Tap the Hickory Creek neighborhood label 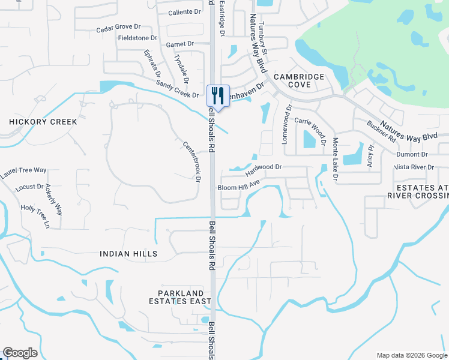[43, 122]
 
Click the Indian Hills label [129, 254]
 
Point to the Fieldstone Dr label [137, 37]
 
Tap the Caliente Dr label [184, 12]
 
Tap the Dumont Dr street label [411, 154]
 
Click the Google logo [20, 353]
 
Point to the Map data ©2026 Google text [411, 355]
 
